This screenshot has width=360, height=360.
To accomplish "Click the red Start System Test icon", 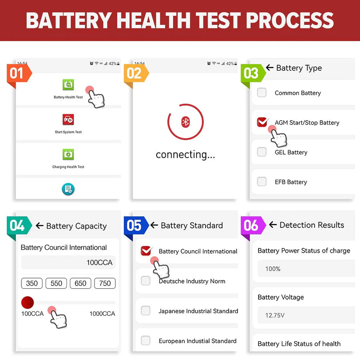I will click(x=68, y=119).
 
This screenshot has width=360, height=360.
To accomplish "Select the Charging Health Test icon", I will click(x=68, y=154).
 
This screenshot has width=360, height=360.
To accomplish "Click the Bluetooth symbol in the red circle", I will click(x=185, y=122).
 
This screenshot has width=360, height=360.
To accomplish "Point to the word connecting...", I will click(x=185, y=155).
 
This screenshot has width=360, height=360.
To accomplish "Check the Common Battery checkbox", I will click(x=262, y=93).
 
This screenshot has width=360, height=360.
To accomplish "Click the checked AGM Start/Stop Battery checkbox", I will click(x=262, y=122).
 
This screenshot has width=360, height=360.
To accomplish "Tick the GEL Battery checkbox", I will click(x=262, y=152).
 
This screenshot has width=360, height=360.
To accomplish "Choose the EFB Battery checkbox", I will click(x=262, y=182).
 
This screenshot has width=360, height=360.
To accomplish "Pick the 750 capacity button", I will click(x=105, y=283).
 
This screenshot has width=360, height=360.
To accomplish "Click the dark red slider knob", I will click(x=28, y=302).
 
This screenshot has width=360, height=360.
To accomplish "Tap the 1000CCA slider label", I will click(x=102, y=314).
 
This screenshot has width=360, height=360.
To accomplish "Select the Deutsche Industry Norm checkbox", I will click(x=146, y=281).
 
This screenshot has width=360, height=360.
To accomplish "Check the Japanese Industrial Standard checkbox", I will click(x=146, y=311).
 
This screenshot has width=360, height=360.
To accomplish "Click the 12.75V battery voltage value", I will click(x=275, y=315).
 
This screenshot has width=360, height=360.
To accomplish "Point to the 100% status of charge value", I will click(x=273, y=269).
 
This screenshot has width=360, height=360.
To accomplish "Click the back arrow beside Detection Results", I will click(x=273, y=225).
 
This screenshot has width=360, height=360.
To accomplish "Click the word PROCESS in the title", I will click(x=289, y=21).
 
